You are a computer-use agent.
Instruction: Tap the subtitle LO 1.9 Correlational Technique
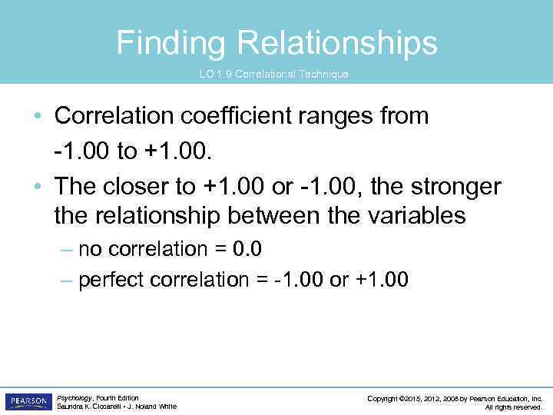click(273, 75)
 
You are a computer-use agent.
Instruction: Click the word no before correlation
click(89, 249)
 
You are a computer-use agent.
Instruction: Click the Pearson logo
click(28, 401)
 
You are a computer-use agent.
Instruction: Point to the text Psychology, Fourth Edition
click(98, 397)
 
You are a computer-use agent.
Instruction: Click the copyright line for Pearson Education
click(455, 398)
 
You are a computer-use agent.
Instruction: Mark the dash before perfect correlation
click(67, 280)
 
